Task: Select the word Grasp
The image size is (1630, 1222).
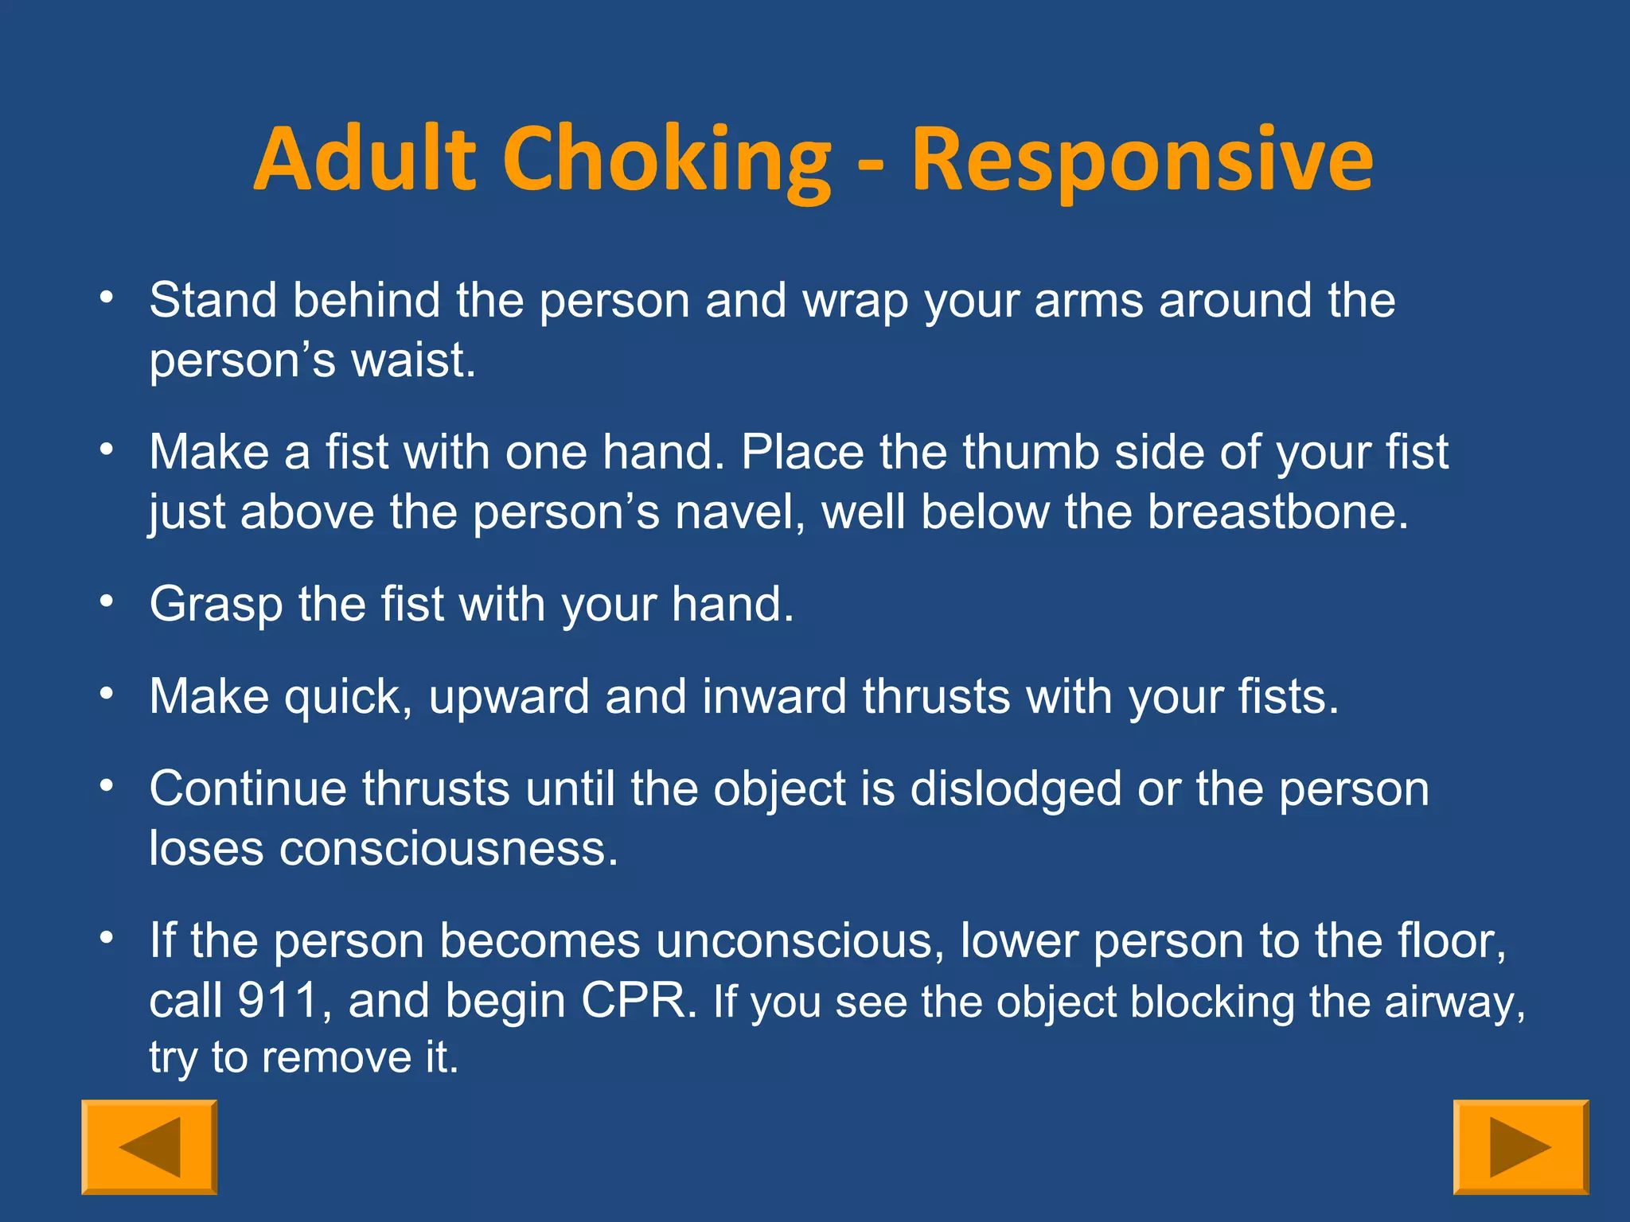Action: [x=216, y=605]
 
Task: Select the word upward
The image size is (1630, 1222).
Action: [x=509, y=697]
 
